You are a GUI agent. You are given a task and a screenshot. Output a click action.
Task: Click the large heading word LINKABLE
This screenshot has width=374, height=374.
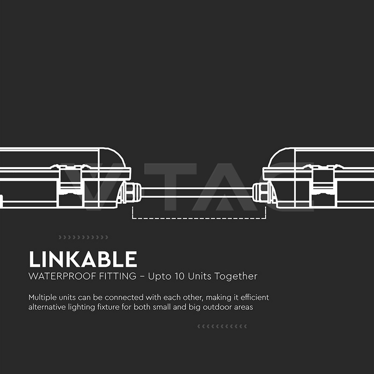tap(83, 259)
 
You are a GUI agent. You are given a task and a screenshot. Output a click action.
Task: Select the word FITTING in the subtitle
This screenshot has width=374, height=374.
tap(118, 276)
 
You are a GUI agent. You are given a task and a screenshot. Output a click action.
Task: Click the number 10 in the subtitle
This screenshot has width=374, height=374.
tap(180, 276)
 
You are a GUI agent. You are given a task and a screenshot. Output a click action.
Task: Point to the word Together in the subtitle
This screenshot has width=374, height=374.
tap(236, 277)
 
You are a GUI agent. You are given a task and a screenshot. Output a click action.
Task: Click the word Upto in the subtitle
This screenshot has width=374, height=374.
tap(159, 277)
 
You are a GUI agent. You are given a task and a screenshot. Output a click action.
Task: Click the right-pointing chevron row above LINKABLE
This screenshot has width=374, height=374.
tap(83, 237)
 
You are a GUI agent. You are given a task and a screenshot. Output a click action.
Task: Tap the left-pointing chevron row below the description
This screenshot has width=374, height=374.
tap(222, 326)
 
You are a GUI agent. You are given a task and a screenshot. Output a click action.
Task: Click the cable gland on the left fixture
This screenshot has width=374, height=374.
tap(131, 192)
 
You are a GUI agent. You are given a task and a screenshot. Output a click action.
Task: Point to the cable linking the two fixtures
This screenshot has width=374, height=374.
tap(197, 192)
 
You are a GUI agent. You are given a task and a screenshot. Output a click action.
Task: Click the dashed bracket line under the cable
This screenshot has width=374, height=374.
tap(199, 218)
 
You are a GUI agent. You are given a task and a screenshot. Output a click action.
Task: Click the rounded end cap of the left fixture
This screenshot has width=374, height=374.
tap(112, 158)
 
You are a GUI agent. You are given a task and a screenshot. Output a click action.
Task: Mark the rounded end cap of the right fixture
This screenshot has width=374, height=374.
tap(282, 158)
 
